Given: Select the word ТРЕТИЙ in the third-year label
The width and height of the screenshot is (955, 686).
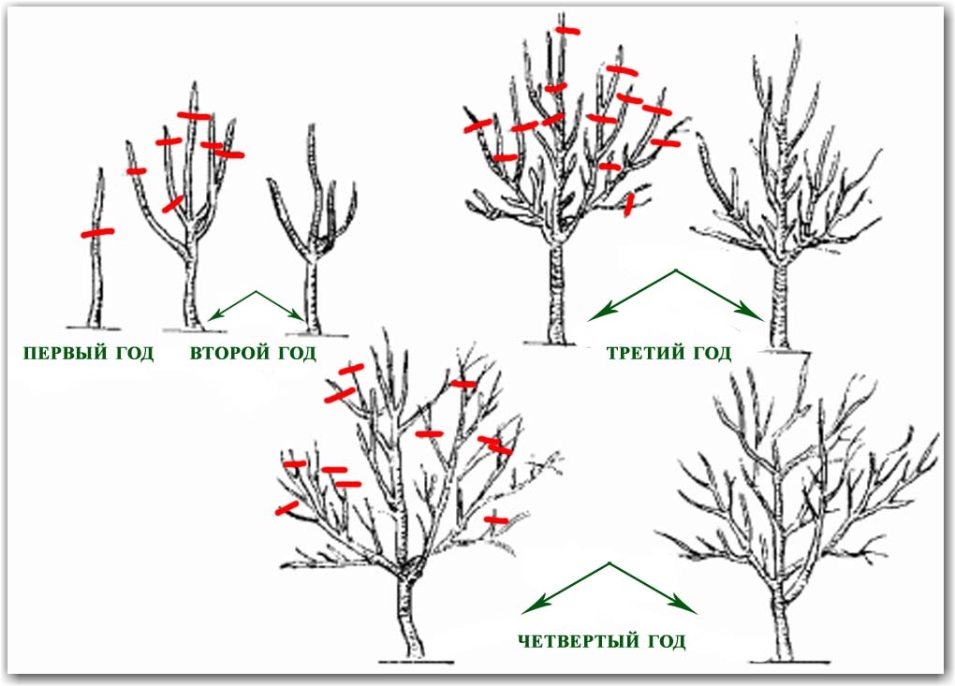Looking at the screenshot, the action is (645, 353).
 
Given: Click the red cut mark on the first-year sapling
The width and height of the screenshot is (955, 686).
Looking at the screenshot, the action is (97, 232).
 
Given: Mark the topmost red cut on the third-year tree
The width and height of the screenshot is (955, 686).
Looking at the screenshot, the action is (567, 31).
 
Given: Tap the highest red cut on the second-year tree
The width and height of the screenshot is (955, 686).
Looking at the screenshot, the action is (195, 116).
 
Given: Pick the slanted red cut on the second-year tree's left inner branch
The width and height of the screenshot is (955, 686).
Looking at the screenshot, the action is (172, 205).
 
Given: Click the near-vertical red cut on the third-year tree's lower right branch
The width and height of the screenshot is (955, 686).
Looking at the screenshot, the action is (629, 205).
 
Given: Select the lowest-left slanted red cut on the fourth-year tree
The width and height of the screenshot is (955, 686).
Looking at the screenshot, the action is (286, 507).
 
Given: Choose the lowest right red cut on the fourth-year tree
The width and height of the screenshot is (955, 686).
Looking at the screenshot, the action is (496, 519).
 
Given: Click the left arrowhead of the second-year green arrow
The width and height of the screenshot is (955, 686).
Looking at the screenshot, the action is (213, 316).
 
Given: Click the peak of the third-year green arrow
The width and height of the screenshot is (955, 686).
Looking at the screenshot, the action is (675, 270).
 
